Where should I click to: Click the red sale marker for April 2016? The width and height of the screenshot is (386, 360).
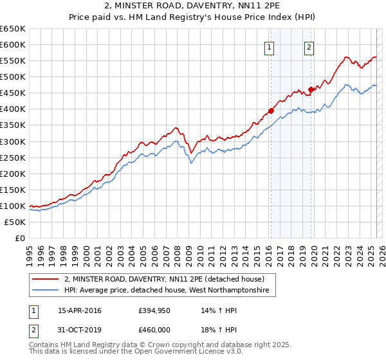coord(271,111)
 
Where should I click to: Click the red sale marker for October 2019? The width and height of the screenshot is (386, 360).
coord(311,89)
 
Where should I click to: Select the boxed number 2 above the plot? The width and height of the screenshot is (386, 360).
coord(309,46)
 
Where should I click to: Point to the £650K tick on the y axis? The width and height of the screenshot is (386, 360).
coord(12,29)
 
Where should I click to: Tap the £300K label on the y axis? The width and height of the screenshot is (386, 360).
coord(12,141)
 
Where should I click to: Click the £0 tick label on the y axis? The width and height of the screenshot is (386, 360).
coord(19,239)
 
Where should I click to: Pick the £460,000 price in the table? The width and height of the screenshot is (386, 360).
coord(154,330)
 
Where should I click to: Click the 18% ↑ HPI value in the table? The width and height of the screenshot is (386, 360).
coord(212,330)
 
